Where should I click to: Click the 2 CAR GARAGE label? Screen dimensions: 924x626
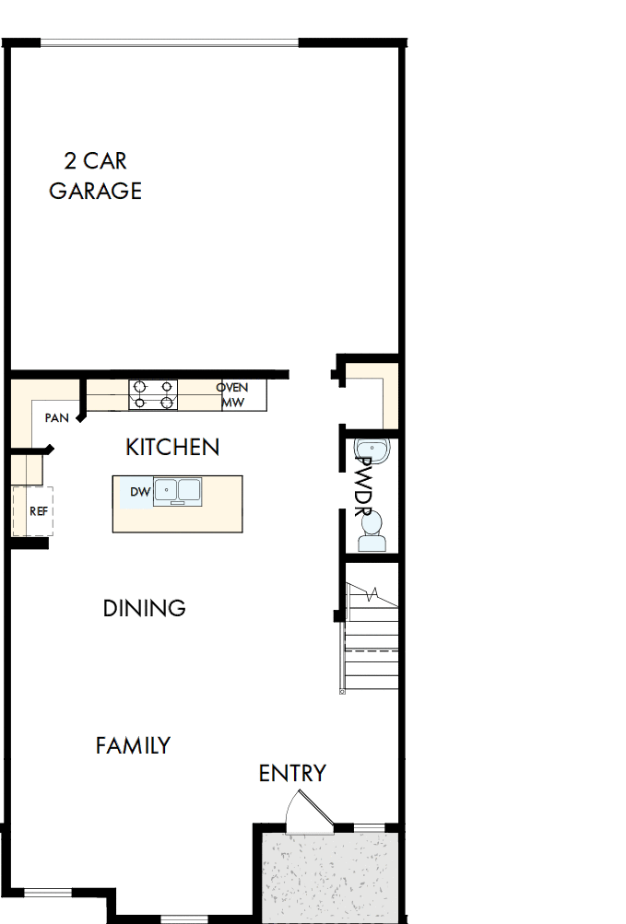tap(95, 176)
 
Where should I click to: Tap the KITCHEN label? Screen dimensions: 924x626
tap(172, 448)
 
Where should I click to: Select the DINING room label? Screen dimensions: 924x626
tap(144, 608)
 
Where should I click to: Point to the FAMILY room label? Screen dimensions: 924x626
tap(133, 745)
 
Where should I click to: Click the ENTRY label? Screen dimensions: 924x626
tap(292, 774)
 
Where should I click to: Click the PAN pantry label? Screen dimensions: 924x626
tap(57, 417)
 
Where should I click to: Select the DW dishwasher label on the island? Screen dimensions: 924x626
tap(140, 492)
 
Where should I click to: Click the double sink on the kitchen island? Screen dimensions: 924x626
tap(178, 490)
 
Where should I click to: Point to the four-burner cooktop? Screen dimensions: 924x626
tap(153, 394)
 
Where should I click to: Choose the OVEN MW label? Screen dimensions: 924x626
tap(232, 394)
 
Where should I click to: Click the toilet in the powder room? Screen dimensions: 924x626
tap(372, 531)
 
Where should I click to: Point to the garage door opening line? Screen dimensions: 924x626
tap(170, 42)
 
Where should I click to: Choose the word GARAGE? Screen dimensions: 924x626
tap(95, 191)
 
